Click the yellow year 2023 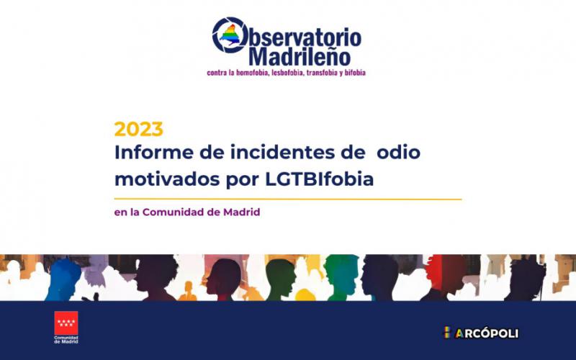(138, 130)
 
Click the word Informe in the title (154, 152)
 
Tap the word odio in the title (399, 152)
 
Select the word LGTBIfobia (319, 179)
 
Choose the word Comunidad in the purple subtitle (172, 212)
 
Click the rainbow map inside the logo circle (230, 35)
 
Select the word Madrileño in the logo (300, 57)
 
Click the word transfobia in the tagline (322, 73)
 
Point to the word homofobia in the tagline (253, 73)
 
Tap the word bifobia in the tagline (355, 73)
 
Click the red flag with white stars (66, 323)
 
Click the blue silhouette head (63, 279)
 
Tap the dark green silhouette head (281, 279)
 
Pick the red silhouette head (445, 273)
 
